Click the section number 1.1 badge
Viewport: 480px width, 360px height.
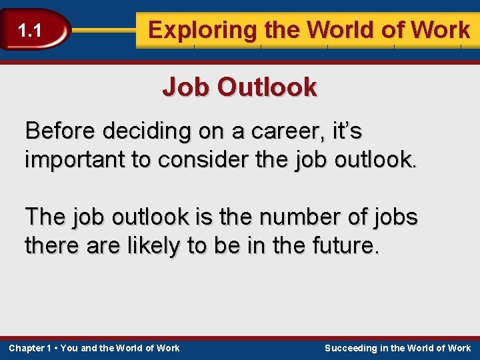point(30,31)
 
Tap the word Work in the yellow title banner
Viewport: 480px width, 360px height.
point(441,30)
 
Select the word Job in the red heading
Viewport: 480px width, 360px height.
point(186,87)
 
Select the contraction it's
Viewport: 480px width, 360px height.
point(344,131)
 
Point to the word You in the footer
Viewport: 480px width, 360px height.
point(69,348)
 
